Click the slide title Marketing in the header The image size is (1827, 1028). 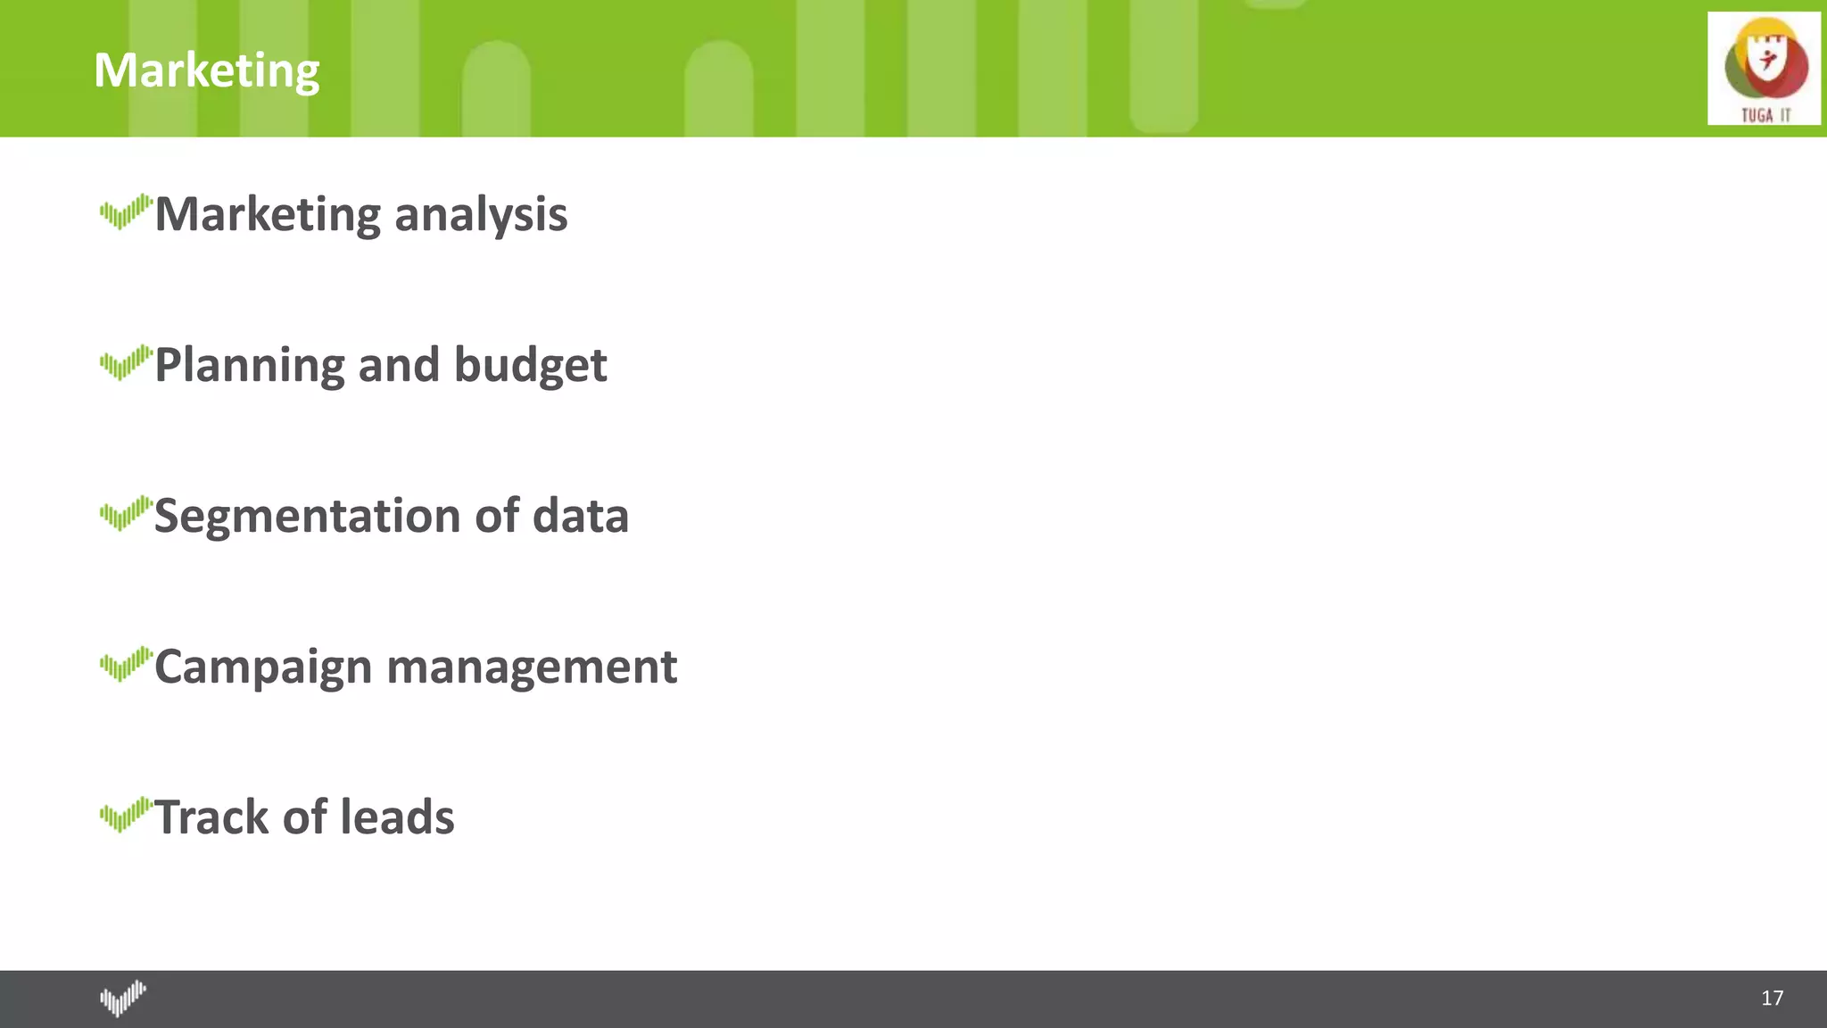coord(206,70)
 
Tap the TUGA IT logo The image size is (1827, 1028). coord(1764,69)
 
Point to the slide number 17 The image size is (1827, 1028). coord(1772,998)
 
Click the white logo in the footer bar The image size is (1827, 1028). coord(123,999)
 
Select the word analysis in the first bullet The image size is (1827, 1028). coord(480,215)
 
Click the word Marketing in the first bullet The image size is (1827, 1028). coord(269,215)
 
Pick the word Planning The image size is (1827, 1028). coord(249,366)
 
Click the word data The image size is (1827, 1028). coord(581,516)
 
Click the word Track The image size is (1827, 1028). coord(211,817)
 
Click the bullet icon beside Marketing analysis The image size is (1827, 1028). coord(126,212)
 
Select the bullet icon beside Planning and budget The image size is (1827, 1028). coord(126,363)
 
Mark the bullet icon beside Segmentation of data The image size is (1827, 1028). coord(126,514)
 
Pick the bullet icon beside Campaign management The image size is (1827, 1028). coord(126,665)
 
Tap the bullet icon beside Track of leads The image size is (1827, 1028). coord(126,815)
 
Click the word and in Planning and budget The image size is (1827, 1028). coord(399,365)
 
